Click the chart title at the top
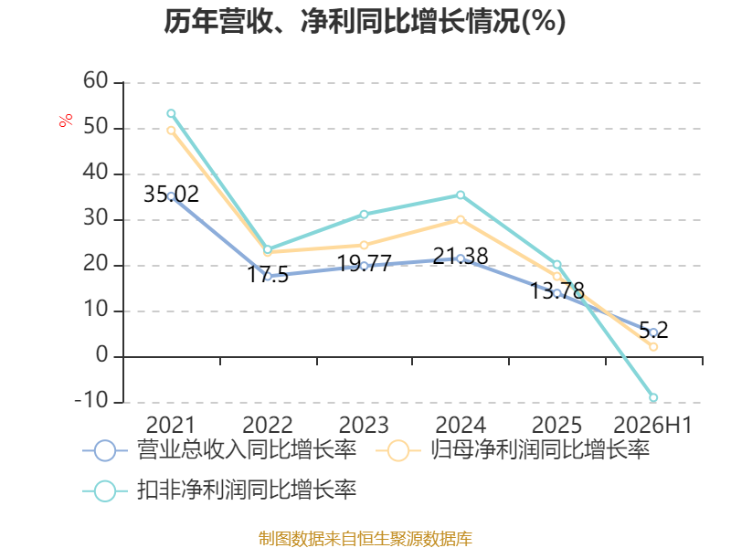tap(365, 21)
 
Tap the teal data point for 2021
tap(171, 113)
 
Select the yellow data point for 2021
tap(171, 131)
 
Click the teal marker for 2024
tap(461, 195)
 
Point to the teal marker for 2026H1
tap(653, 397)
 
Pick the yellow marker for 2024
tap(461, 219)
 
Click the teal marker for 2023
tap(364, 215)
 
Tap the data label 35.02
tap(171, 195)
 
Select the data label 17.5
tap(268, 275)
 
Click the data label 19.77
tap(364, 263)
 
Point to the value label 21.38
tap(461, 256)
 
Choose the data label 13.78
tap(557, 290)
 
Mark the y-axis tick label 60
tap(96, 80)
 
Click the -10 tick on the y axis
tap(91, 401)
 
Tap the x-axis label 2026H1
tap(652, 425)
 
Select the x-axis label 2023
tap(364, 425)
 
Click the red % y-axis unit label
tap(66, 120)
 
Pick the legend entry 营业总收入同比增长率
tap(219, 450)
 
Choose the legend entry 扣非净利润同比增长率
tap(219, 490)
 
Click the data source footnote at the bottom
tap(365, 539)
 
